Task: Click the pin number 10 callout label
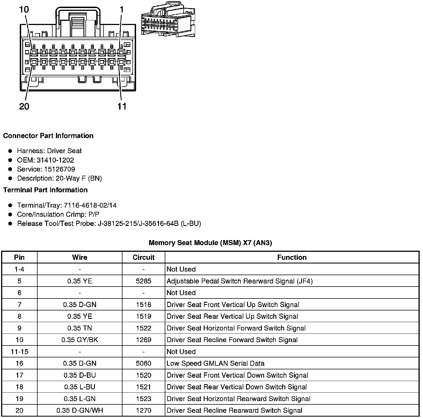point(24,9)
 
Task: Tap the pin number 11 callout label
point(122,106)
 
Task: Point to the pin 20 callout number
point(24,106)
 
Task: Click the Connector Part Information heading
point(48,136)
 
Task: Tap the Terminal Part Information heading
point(45,190)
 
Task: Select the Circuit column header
point(143,257)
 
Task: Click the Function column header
point(292,257)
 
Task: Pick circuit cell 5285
point(143,281)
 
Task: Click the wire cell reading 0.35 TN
point(80,328)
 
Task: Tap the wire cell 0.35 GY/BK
point(80,340)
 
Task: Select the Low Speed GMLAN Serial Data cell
point(215,363)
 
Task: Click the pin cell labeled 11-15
point(19,352)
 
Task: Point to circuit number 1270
point(143,410)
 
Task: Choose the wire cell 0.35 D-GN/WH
point(80,410)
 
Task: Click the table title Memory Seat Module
point(210,243)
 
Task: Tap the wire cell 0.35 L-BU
point(80,387)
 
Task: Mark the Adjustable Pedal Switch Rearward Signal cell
point(240,281)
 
